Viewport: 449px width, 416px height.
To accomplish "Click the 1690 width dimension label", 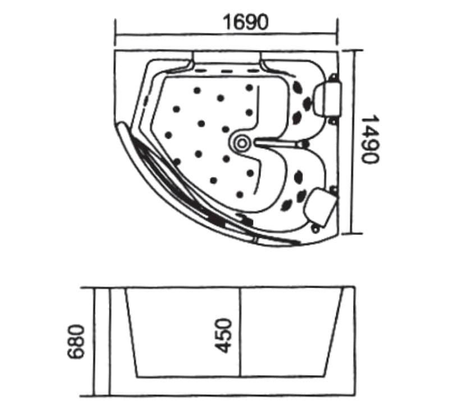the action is tap(246, 22).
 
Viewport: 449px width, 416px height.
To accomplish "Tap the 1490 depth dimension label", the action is tap(370, 139).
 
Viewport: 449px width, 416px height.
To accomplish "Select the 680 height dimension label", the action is tap(76, 342).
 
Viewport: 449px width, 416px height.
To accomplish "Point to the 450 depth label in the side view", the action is tap(223, 336).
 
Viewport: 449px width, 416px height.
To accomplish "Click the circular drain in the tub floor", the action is tap(242, 143).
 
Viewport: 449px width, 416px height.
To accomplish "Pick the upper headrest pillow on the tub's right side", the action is tap(328, 98).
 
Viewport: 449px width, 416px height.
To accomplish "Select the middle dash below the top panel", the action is tap(226, 71).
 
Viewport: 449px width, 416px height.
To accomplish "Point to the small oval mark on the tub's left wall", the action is tap(146, 101).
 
